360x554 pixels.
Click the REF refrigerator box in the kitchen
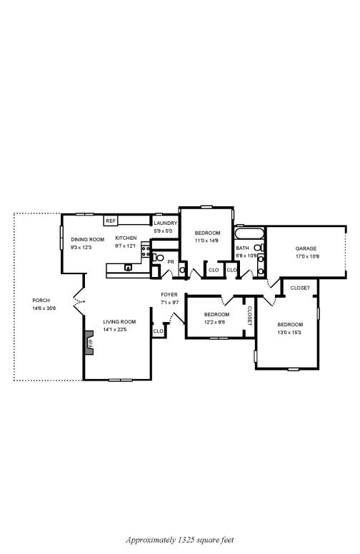pyautogui.click(x=111, y=221)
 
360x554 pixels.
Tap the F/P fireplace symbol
pyautogui.click(x=90, y=343)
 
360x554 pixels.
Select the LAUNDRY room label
pyautogui.click(x=165, y=223)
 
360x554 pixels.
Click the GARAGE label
pyautogui.click(x=306, y=248)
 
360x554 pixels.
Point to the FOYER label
pyautogui.click(x=169, y=294)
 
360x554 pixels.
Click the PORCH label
pyautogui.click(x=41, y=301)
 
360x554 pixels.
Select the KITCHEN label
pyautogui.click(x=126, y=238)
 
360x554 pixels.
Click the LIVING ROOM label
pyautogui.click(x=119, y=322)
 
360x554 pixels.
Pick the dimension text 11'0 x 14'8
pyautogui.click(x=207, y=241)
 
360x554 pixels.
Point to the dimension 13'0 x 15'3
pyautogui.click(x=289, y=332)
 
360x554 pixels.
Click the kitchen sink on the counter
pyautogui.click(x=129, y=268)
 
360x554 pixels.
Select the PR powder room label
pyautogui.click(x=171, y=261)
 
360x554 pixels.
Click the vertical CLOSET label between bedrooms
pyautogui.click(x=249, y=315)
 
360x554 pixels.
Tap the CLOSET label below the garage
pyautogui.click(x=300, y=288)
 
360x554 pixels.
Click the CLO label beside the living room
pyautogui.click(x=158, y=331)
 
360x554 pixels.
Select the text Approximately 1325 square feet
pyautogui.click(x=180, y=540)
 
